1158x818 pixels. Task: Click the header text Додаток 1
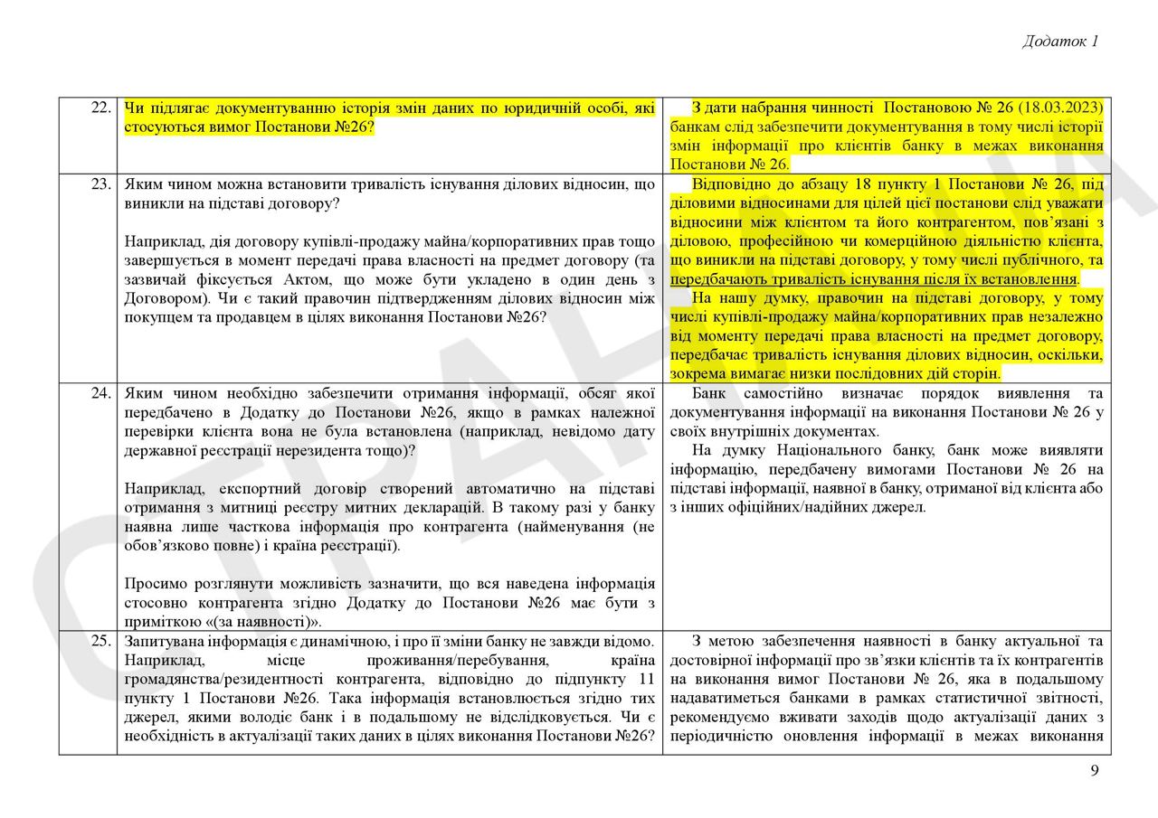[x=1060, y=41]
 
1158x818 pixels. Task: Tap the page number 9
[x=1095, y=770]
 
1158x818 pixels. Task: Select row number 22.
[x=100, y=108]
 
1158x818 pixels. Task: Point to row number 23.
[x=100, y=183]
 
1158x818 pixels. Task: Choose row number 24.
[x=100, y=393]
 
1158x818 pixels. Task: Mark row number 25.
[x=100, y=641]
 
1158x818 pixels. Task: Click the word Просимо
[x=153, y=583]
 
